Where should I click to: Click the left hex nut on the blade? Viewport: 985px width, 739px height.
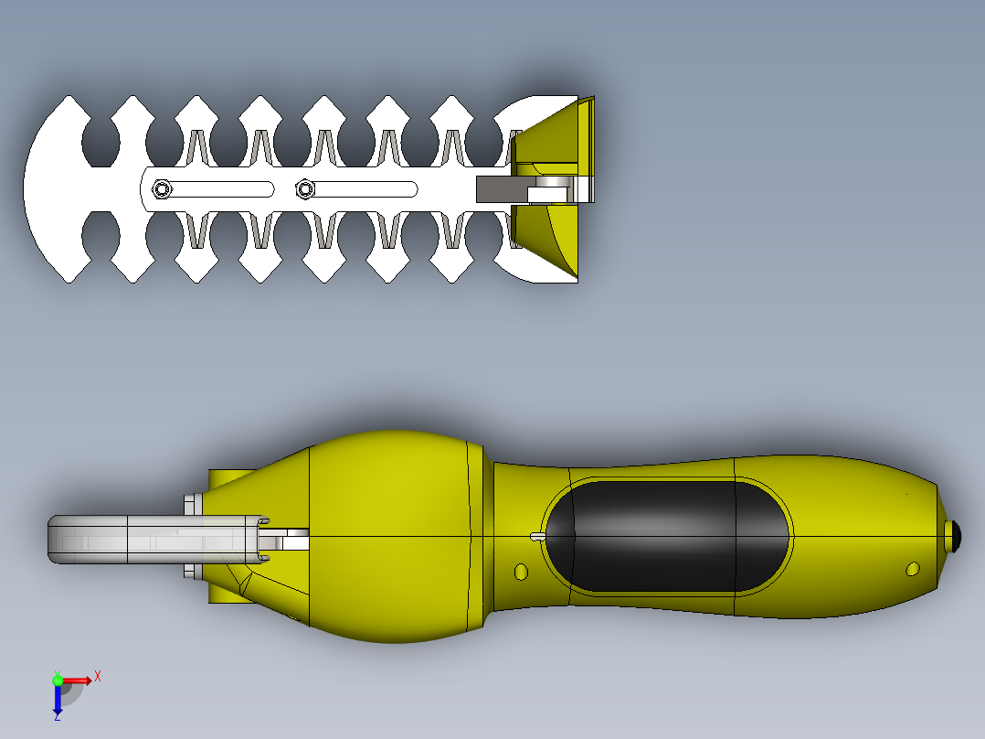point(162,188)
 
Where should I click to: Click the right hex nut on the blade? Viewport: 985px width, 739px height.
point(304,188)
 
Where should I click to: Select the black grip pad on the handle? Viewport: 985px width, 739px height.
point(667,537)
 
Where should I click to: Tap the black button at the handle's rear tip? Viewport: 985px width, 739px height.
point(954,537)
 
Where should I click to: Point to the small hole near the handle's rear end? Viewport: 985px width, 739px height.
point(913,569)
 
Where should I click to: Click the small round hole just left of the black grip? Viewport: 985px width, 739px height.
point(521,572)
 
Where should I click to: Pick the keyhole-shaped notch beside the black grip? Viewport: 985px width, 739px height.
point(537,537)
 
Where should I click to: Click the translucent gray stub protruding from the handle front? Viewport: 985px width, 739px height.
point(158,539)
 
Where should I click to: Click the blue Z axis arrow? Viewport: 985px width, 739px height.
point(58,698)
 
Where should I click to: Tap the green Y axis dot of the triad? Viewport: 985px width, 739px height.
point(58,680)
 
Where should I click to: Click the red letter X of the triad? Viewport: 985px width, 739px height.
point(98,677)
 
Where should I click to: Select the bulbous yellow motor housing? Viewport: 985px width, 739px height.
point(396,537)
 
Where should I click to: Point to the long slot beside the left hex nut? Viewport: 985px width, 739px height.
point(220,189)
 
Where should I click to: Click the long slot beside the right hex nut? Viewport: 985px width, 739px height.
point(365,189)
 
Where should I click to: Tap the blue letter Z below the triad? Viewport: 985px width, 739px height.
point(58,716)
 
